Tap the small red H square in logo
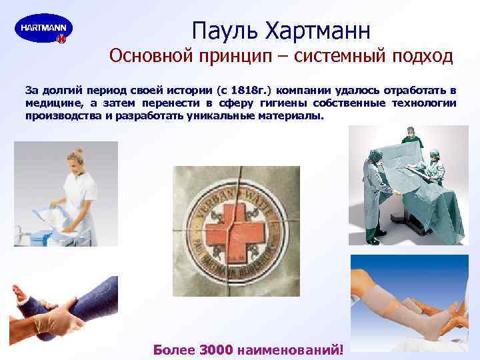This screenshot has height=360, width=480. [61, 39]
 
